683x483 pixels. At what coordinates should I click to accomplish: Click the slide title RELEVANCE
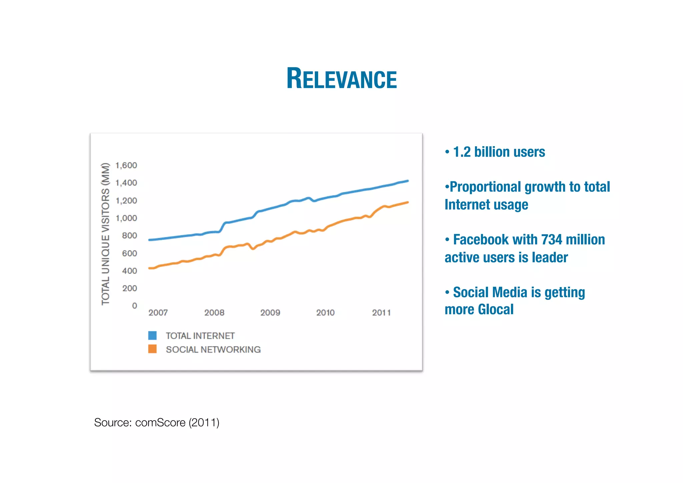click(341, 79)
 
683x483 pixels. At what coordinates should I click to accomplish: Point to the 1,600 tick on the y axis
click(126, 165)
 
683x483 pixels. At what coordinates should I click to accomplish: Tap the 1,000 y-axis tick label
click(126, 218)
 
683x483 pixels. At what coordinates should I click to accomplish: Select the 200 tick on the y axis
click(129, 288)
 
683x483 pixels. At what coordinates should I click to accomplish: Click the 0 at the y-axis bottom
click(134, 306)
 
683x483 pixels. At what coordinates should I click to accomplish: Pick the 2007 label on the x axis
click(158, 313)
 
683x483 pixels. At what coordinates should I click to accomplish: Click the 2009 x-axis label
click(270, 313)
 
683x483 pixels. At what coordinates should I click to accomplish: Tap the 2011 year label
click(381, 313)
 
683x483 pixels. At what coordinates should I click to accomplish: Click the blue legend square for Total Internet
click(152, 335)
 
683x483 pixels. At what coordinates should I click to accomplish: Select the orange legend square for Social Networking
click(152, 349)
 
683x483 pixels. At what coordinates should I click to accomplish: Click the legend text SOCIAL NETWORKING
click(213, 349)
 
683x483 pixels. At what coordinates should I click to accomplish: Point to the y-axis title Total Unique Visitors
click(105, 234)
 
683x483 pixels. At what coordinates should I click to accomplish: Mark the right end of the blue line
click(408, 181)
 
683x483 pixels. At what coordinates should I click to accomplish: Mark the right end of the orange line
click(408, 202)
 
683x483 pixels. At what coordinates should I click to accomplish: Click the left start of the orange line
click(149, 268)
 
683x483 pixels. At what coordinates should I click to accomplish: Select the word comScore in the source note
click(160, 423)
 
